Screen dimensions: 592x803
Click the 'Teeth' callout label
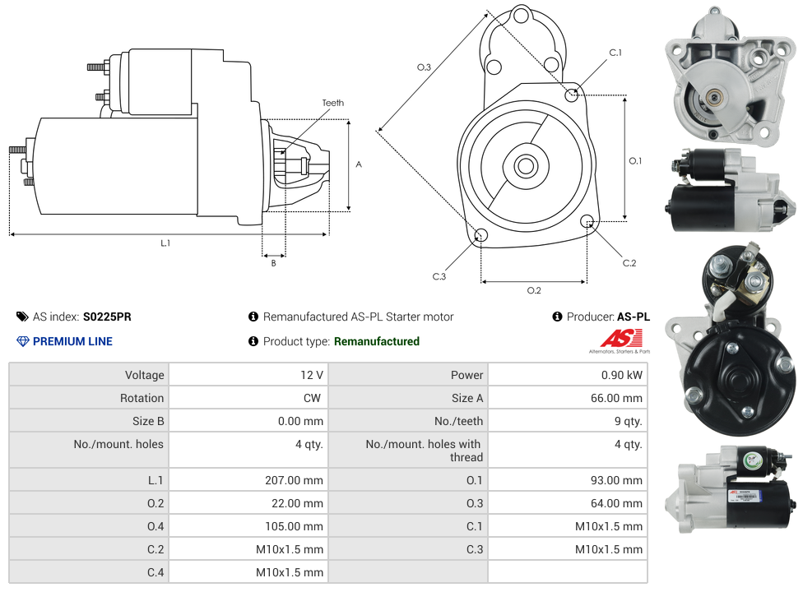coord(332,103)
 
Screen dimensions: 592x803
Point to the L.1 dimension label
coord(165,243)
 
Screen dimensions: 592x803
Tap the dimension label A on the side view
coord(359,164)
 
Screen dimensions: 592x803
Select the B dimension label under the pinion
coord(273,263)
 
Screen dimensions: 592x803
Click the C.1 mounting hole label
coord(615,53)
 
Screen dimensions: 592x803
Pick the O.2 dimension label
coord(534,290)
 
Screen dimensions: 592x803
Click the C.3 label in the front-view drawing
coord(439,276)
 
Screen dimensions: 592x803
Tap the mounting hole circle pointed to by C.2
coord(587,221)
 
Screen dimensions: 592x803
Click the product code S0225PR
coord(107,317)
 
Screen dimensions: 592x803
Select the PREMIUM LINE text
coord(72,341)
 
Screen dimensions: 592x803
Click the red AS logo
coord(620,338)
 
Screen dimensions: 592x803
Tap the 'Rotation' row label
coord(142,398)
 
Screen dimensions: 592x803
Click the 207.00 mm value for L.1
coord(294,480)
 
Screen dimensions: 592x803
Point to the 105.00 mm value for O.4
coord(294,526)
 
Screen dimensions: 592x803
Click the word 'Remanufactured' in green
coord(376,341)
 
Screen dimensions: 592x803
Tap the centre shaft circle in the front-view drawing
coord(525,166)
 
